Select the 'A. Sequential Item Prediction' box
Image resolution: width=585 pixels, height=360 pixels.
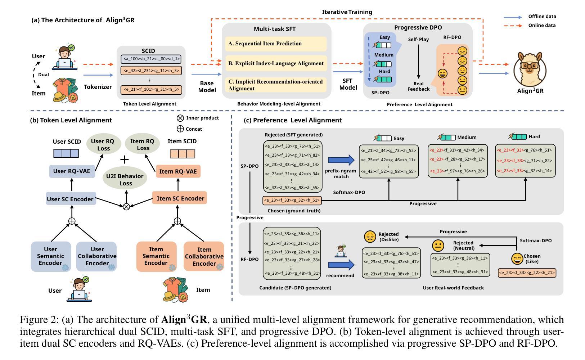[276, 44]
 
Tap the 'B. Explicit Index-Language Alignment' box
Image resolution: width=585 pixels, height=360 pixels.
[276, 63]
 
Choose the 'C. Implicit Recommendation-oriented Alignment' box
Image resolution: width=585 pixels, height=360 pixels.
[276, 85]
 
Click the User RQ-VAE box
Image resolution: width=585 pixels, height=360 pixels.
[72, 171]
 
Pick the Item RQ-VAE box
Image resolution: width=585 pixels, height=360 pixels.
[178, 171]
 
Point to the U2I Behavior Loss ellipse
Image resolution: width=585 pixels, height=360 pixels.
[125, 180]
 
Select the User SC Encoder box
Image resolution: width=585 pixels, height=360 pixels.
[71, 199]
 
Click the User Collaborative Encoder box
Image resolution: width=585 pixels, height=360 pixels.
[96, 256]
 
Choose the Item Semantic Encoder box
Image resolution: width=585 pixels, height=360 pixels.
[156, 256]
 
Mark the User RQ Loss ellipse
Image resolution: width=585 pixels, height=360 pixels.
[102, 145]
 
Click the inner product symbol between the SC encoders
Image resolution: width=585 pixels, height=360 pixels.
[126, 207]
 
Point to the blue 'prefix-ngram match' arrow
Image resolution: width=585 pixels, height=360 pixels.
[341, 160]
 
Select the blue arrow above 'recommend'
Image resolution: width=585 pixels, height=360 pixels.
[341, 265]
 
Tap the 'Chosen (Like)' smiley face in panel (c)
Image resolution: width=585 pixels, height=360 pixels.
[517, 259]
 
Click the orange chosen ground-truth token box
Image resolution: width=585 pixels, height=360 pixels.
[292, 201]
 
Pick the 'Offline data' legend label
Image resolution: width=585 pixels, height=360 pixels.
[542, 17]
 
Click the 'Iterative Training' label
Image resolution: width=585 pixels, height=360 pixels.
[347, 12]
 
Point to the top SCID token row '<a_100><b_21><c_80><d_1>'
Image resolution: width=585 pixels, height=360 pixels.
[151, 59]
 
